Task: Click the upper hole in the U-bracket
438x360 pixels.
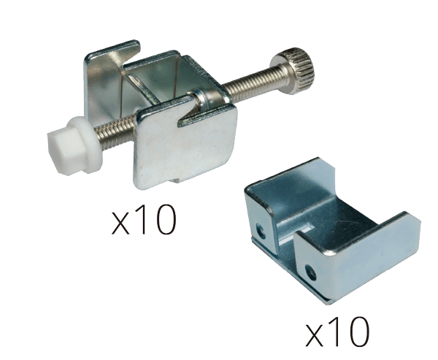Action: [261, 230]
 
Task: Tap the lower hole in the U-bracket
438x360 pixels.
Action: [311, 272]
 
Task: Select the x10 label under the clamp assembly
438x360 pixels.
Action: [144, 220]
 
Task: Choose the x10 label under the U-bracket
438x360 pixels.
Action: [337, 332]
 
